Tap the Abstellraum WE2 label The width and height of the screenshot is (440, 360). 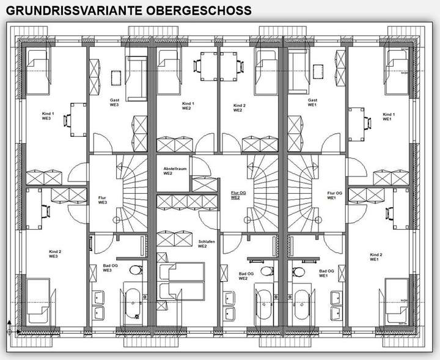point(174,171)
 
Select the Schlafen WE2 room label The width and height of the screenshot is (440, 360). point(204,244)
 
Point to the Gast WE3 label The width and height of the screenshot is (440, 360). point(114,102)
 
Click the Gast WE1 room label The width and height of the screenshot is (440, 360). point(312,102)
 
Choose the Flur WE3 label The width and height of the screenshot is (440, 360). point(103,200)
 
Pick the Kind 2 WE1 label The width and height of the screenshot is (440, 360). point(376,257)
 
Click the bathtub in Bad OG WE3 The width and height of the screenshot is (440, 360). point(132,303)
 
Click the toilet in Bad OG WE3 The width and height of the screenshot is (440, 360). point(137,270)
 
